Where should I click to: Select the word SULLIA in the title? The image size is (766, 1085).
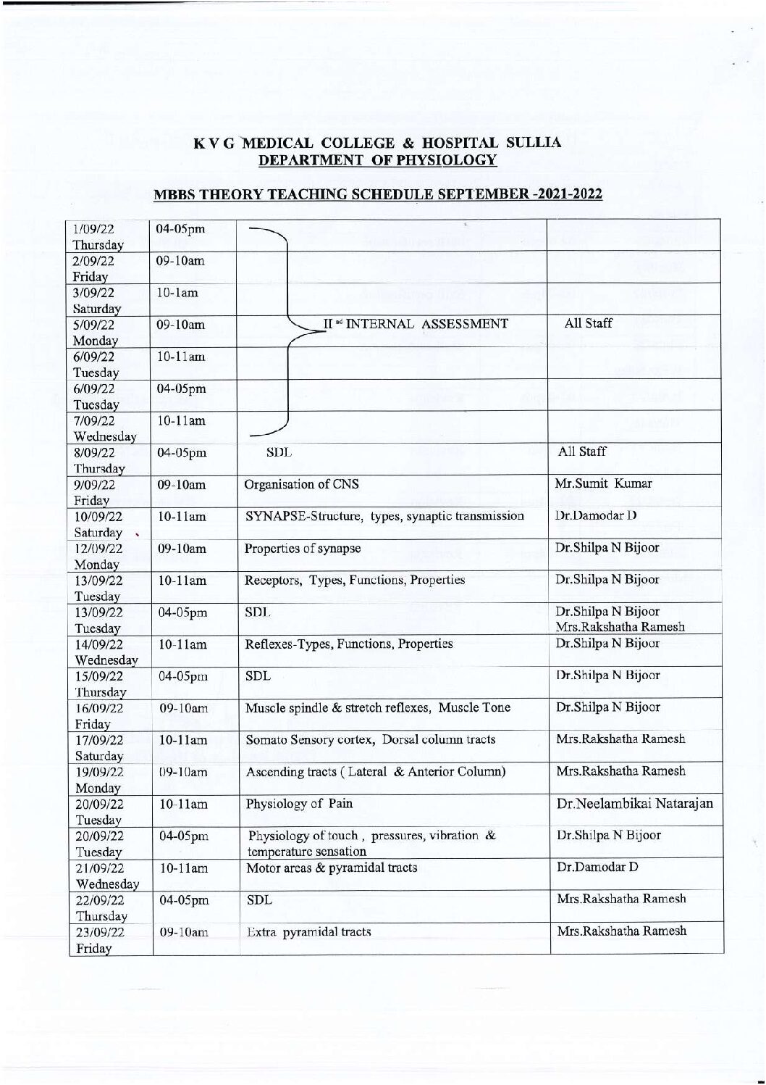tap(534, 143)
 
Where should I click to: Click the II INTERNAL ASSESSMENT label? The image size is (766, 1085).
tap(416, 323)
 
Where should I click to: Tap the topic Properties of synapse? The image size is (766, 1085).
tap(303, 548)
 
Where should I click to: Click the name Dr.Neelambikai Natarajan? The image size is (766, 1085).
tap(634, 803)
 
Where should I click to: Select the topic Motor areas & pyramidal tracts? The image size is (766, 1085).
tap(332, 868)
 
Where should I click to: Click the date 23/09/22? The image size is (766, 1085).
tap(99, 931)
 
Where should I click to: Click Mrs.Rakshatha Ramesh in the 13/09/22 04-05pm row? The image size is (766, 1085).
tap(620, 627)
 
